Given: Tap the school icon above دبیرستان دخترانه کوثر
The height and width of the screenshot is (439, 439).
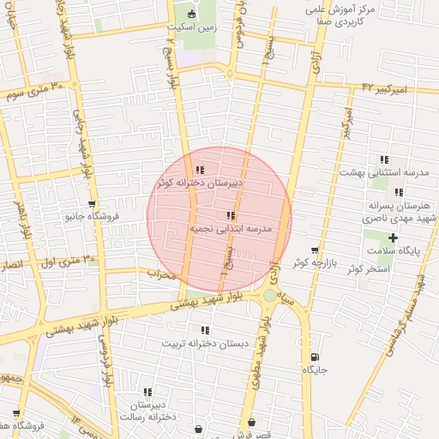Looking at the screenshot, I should [200, 170].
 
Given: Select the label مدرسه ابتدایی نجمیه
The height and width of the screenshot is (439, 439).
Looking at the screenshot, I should [235, 229].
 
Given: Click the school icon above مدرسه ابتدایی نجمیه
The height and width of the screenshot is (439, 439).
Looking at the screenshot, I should [230, 215].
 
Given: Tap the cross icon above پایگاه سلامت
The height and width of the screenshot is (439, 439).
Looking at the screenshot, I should [394, 238].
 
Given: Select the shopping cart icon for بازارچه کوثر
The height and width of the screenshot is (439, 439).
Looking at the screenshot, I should [325, 250].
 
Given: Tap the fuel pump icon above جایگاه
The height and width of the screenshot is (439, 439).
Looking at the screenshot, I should [316, 358].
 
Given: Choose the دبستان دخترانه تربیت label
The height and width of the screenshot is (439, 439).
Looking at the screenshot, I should [205, 343].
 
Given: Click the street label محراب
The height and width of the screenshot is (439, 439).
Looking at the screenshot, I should [160, 275].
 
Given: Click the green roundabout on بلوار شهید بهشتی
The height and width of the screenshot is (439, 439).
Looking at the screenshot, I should [270, 296].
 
